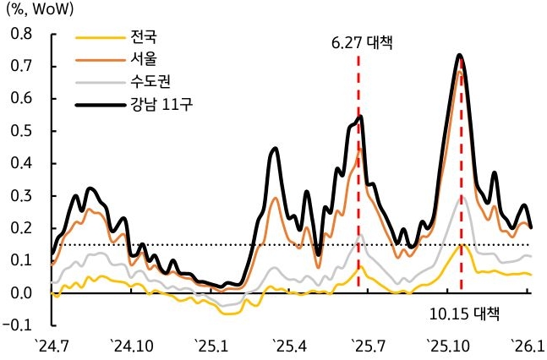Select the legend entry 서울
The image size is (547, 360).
click(x=144, y=60)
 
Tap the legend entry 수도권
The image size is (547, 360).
click(x=150, y=84)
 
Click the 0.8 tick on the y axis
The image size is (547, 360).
click(x=22, y=34)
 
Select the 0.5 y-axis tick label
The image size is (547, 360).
click(x=22, y=131)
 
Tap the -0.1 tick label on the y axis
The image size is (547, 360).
click(x=20, y=325)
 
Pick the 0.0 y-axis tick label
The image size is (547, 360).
click(x=22, y=293)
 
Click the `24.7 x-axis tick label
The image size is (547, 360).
click(x=52, y=345)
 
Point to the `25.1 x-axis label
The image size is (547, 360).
click(x=212, y=345)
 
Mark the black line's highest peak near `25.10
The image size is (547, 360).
click(x=460, y=56)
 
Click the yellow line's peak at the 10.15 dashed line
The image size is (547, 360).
click(x=462, y=245)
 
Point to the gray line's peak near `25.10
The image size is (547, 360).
click(x=461, y=197)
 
